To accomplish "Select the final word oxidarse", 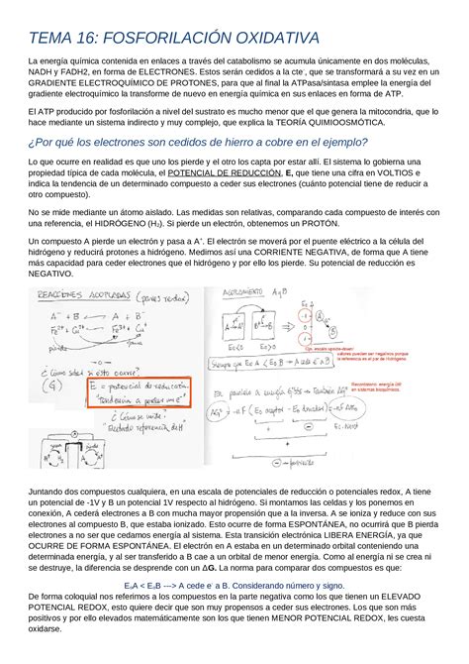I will click(x=49, y=628).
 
